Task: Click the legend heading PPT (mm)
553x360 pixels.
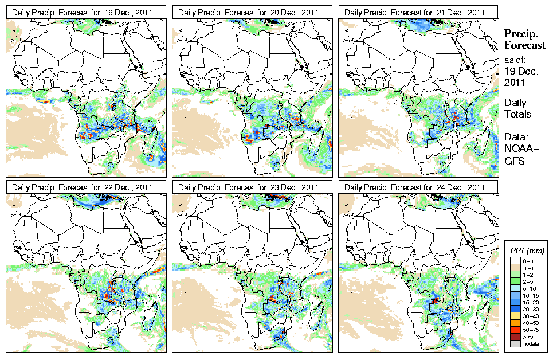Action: [x=527, y=251]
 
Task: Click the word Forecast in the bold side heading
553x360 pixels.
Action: [x=525, y=46]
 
